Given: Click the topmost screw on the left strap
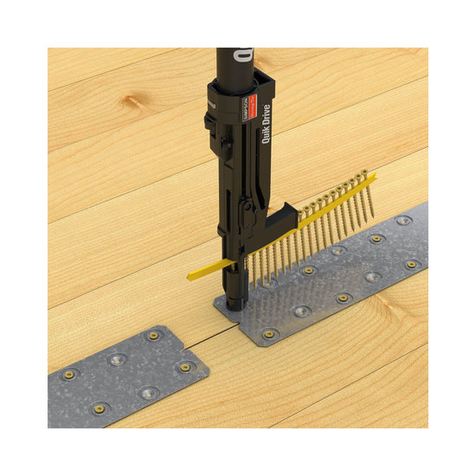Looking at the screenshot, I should coord(155,334).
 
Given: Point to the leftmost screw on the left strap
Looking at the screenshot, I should coord(68,374).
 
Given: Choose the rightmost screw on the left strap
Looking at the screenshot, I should coord(183,367).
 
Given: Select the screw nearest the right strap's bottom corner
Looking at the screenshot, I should coord(268,331).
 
